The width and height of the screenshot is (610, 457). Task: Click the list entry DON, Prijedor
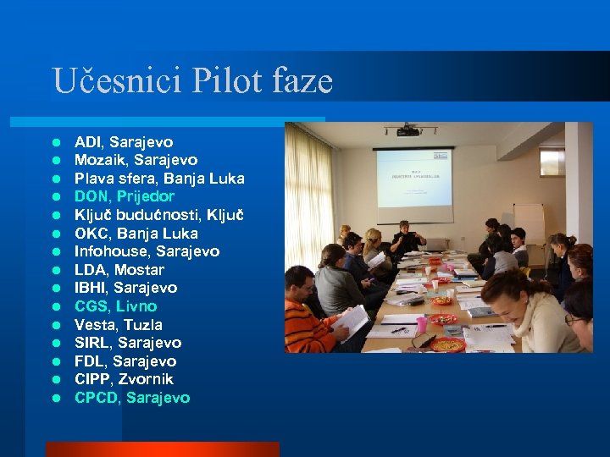[x=125, y=196]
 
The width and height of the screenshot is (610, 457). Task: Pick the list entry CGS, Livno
[x=115, y=306]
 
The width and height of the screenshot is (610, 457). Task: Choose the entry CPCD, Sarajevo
[x=132, y=398]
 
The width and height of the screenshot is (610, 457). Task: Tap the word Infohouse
[x=110, y=251]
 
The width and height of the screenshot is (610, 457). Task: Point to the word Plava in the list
[x=91, y=179]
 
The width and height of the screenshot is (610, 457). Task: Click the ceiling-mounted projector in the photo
[x=408, y=130]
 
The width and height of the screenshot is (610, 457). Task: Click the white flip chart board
[x=529, y=222]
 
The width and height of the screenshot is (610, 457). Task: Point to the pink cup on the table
[x=421, y=325]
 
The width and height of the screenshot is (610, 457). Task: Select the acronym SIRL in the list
[x=92, y=343]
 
